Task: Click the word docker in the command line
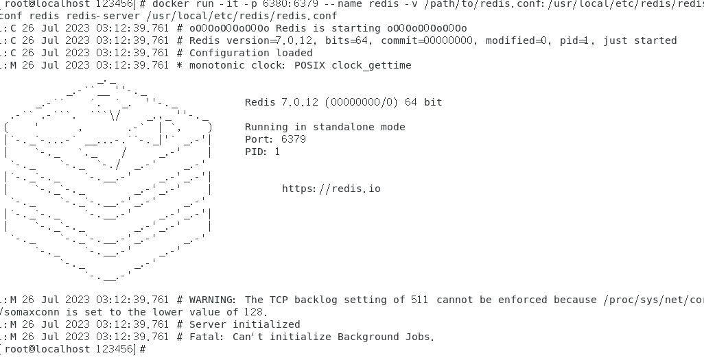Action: (171, 3)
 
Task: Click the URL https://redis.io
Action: (331, 189)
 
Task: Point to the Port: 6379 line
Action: (275, 139)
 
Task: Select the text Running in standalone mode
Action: (325, 127)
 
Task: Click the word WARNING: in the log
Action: (213, 300)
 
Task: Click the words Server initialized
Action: (244, 324)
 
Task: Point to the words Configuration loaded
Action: (250, 53)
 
